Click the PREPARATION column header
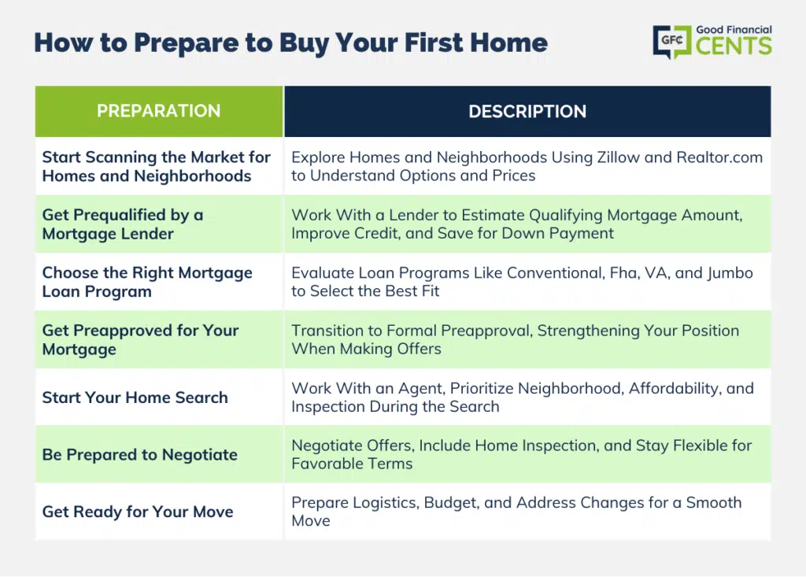159,111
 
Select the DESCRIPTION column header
527,111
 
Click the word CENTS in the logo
734,46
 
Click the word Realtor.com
719,157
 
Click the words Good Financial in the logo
734,30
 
